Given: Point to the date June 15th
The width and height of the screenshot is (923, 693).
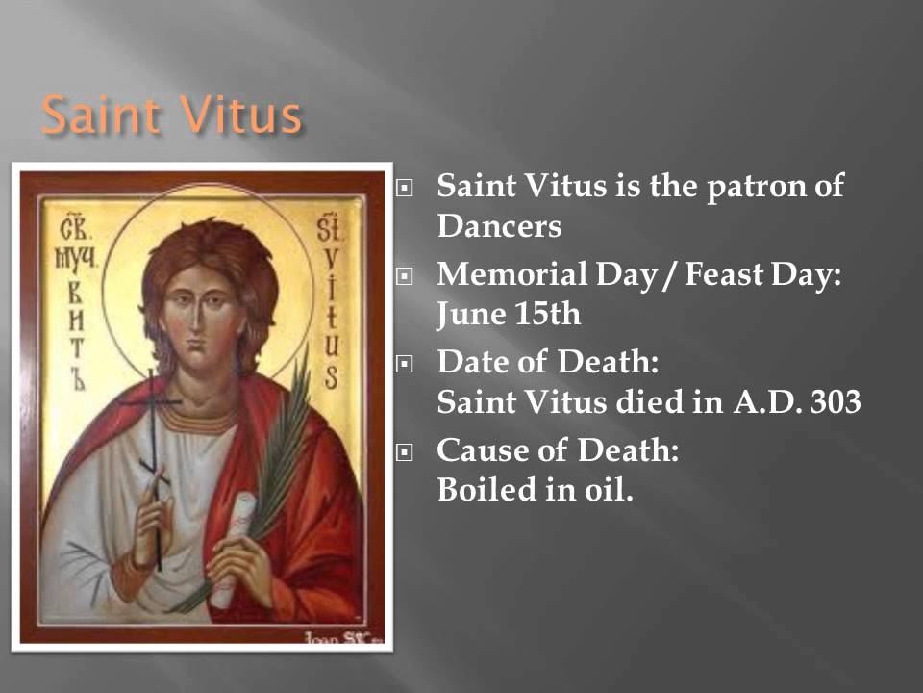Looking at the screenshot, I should [510, 314].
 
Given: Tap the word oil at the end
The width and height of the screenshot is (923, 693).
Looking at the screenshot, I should [611, 490].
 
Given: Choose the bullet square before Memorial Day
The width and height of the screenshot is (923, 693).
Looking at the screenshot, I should [405, 277].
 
